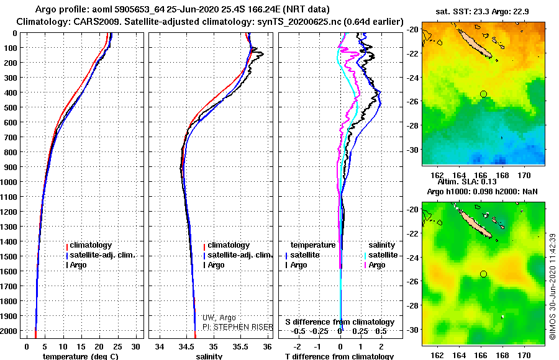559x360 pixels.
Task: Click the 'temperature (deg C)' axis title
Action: coord(80,356)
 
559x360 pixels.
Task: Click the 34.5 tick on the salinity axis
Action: coord(187,346)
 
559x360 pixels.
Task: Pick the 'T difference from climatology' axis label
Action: coord(339,356)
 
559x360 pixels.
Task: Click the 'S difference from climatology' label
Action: coord(340,322)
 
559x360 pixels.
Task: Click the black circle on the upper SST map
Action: coord(483,94)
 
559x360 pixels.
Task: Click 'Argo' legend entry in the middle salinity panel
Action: coord(216,265)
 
